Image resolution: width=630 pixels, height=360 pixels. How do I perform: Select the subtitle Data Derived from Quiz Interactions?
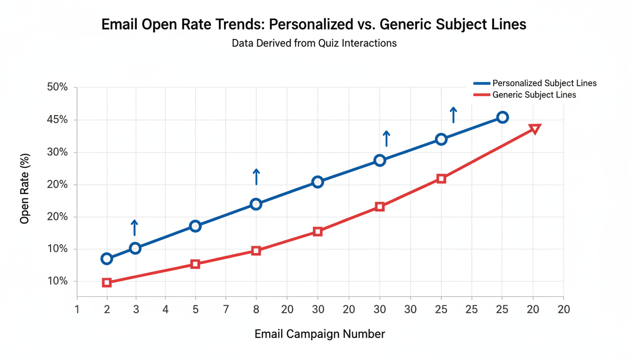tap(314, 44)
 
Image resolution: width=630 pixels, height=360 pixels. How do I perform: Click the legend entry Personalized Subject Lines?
tap(544, 83)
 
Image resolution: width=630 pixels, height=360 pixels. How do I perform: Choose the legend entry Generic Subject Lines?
tap(534, 95)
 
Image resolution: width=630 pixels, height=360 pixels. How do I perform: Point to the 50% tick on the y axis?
tap(57, 88)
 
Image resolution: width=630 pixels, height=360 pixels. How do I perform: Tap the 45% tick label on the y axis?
tap(57, 120)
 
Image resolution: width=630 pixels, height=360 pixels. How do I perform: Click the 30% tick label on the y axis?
tap(57, 152)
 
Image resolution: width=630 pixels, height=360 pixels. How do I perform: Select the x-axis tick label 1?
tap(77, 310)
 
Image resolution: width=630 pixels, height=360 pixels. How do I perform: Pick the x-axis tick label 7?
tap(226, 310)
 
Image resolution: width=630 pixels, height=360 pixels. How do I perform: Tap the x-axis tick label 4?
tap(165, 310)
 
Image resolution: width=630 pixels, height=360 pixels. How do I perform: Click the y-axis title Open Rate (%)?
tap(25, 188)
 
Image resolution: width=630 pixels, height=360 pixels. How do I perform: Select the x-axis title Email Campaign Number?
tap(320, 334)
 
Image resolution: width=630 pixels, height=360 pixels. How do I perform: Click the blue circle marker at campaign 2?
tap(107, 259)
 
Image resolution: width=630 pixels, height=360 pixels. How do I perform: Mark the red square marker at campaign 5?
tap(195, 264)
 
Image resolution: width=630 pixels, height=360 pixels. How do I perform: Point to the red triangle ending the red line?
tap(535, 128)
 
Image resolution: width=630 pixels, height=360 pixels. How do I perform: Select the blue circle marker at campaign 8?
tap(256, 204)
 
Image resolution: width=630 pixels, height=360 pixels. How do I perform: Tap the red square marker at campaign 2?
tap(107, 283)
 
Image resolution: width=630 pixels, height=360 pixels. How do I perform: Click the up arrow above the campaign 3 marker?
tap(135, 228)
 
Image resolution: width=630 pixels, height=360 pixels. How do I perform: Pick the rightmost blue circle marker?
tap(502, 117)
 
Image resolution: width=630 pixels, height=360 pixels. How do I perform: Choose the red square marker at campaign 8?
tap(256, 251)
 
